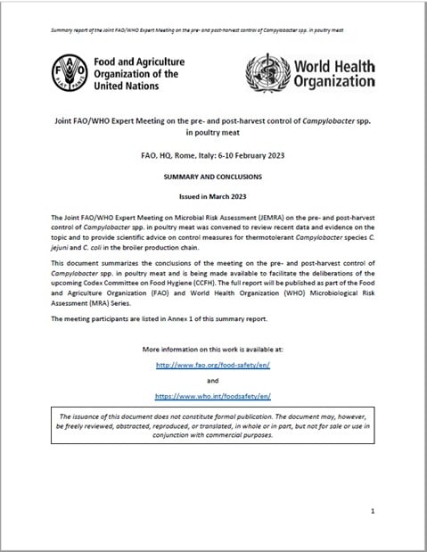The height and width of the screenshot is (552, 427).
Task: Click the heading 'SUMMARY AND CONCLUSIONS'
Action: click(x=213, y=177)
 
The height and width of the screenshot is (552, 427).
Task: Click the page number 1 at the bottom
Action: click(x=372, y=510)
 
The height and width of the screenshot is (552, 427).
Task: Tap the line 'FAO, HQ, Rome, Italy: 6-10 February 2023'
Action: click(x=213, y=155)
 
